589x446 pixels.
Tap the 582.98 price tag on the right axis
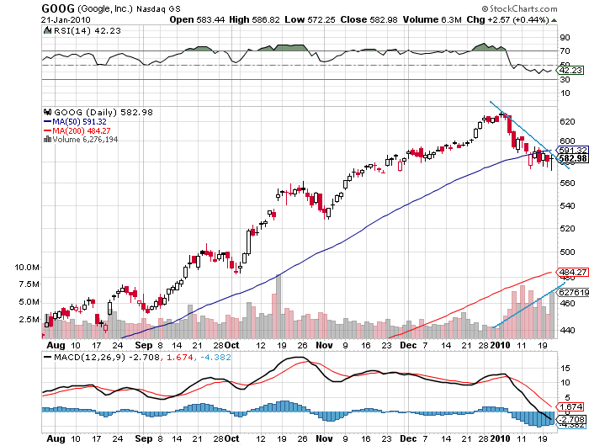pyautogui.click(x=572, y=158)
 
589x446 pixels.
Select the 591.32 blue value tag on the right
pyautogui.click(x=571, y=149)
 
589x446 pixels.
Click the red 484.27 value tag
pyautogui.click(x=571, y=273)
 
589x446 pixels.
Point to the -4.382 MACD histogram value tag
pyautogui.click(x=571, y=424)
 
